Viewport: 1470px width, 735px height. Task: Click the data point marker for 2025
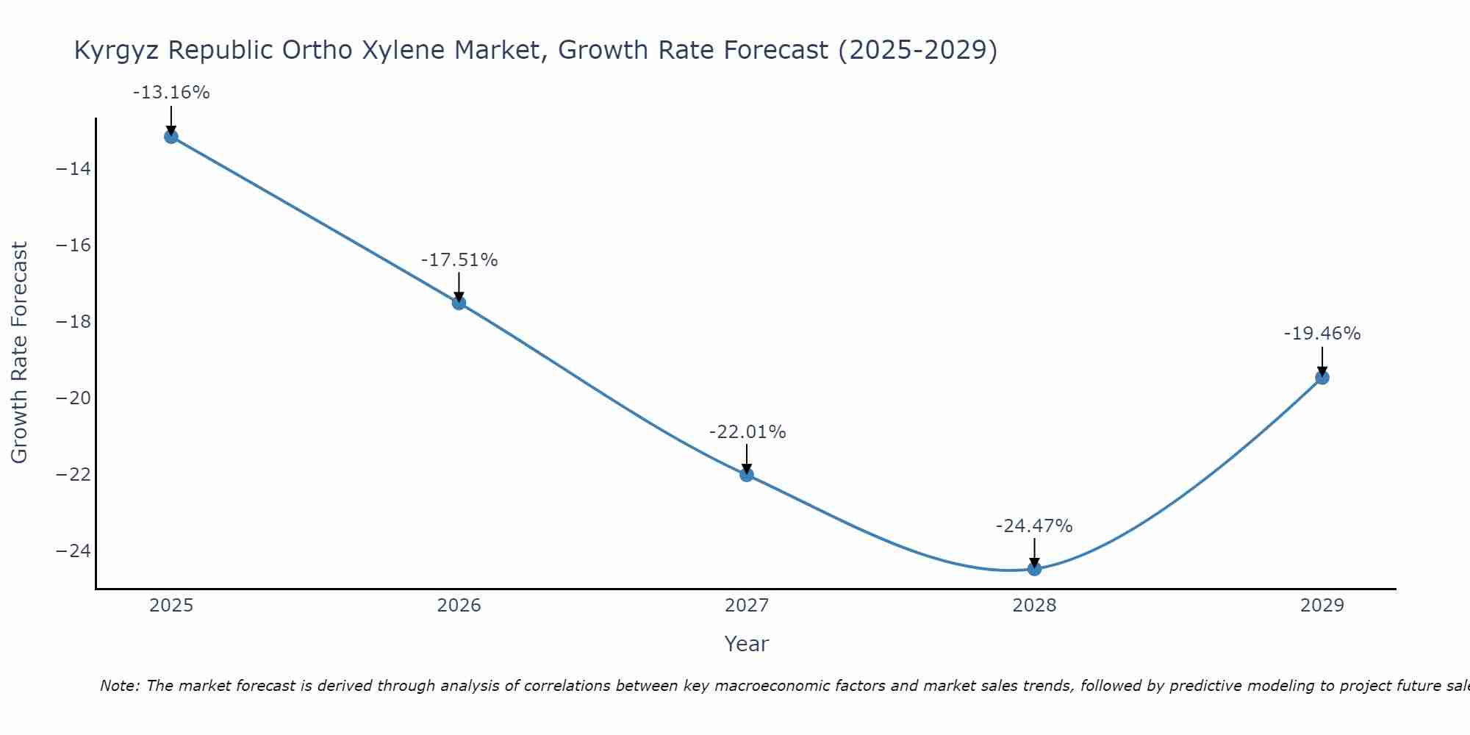point(171,137)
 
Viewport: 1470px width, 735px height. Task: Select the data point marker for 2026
point(459,303)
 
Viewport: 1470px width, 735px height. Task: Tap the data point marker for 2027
point(747,475)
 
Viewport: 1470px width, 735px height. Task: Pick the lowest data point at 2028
point(1034,568)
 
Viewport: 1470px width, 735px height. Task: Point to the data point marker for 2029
point(1322,378)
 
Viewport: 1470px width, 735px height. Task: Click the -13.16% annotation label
point(171,93)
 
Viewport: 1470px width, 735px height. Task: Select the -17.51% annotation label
point(459,260)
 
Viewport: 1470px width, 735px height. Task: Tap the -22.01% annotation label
point(747,432)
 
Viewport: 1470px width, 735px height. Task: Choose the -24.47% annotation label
point(1034,526)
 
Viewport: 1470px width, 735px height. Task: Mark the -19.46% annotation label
point(1322,334)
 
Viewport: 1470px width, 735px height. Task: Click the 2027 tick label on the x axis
point(747,606)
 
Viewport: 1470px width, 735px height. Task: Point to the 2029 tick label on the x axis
point(1322,606)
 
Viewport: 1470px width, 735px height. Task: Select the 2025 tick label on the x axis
point(171,606)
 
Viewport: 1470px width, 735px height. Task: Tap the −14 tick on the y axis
point(73,169)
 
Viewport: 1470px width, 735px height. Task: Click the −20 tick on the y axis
point(73,398)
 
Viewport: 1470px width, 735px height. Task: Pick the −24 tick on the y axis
point(73,551)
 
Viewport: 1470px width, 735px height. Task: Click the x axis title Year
point(746,644)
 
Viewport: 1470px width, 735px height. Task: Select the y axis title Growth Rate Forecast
point(19,353)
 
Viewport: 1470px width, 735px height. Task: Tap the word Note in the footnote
point(118,686)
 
